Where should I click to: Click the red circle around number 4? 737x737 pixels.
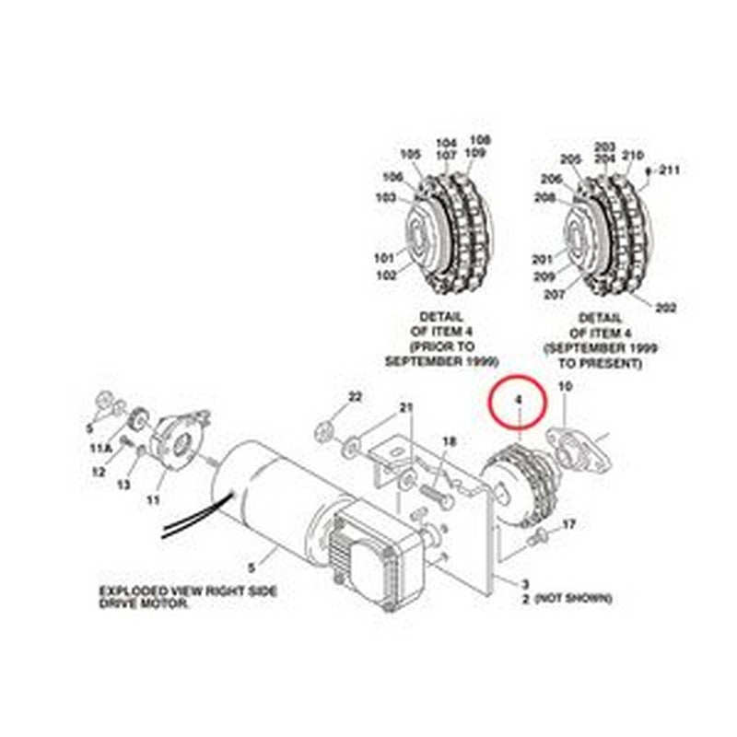point(519,402)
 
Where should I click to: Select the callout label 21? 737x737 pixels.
point(406,407)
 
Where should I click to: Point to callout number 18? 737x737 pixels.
point(449,442)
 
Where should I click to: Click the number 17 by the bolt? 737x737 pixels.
point(569,524)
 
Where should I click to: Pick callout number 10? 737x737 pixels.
point(566,390)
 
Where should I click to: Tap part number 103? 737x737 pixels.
point(385,197)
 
